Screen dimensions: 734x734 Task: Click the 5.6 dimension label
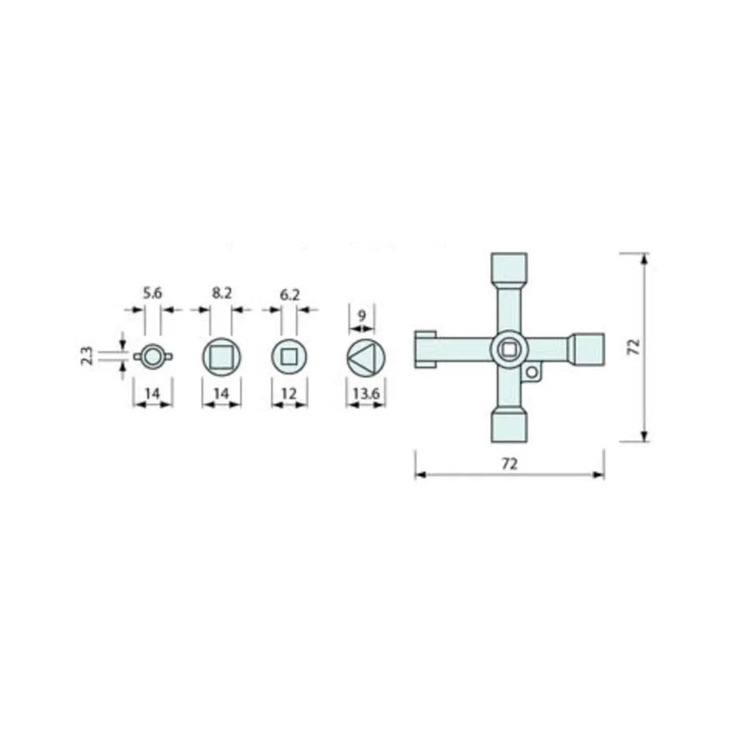(152, 293)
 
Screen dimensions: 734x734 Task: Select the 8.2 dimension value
(221, 293)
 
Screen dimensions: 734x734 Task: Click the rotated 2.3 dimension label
(87, 355)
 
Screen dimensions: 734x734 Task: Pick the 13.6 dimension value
(365, 393)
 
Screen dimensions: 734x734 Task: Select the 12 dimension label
(290, 393)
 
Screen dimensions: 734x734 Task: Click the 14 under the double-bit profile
(153, 393)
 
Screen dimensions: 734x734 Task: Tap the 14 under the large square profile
(221, 393)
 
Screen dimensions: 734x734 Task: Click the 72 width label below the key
(509, 464)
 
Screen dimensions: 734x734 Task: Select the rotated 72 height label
(634, 347)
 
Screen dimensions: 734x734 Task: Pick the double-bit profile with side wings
(153, 356)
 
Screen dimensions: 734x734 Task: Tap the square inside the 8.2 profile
(221, 357)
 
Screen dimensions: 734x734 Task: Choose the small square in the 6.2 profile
(290, 357)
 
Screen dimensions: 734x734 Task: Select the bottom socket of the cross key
(509, 427)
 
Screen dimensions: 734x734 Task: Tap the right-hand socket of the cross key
(589, 349)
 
